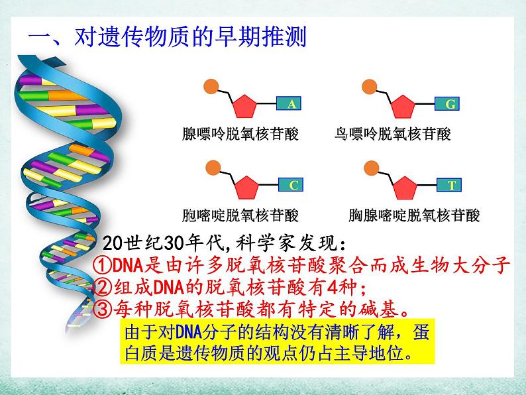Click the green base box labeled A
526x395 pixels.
291,104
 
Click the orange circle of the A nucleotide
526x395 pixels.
210,86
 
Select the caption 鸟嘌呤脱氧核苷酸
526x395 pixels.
393,135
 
